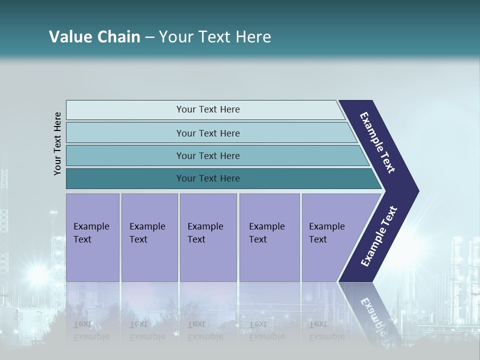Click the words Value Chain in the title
[94, 37]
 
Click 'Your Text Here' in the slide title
[215, 37]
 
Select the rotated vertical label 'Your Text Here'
[57, 144]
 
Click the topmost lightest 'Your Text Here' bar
[208, 109]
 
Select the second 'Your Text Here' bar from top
[208, 133]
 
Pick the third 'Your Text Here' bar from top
[208, 155]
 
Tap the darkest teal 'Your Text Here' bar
[208, 178]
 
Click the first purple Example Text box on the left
[92, 237]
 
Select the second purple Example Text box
[149, 237]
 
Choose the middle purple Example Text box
[208, 237]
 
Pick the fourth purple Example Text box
[269, 237]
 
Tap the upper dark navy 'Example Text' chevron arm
[378, 142]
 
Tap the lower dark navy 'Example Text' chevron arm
[378, 236]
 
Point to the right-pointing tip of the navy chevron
[416, 191]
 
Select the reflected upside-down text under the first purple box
[91, 330]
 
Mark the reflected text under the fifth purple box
[326, 330]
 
